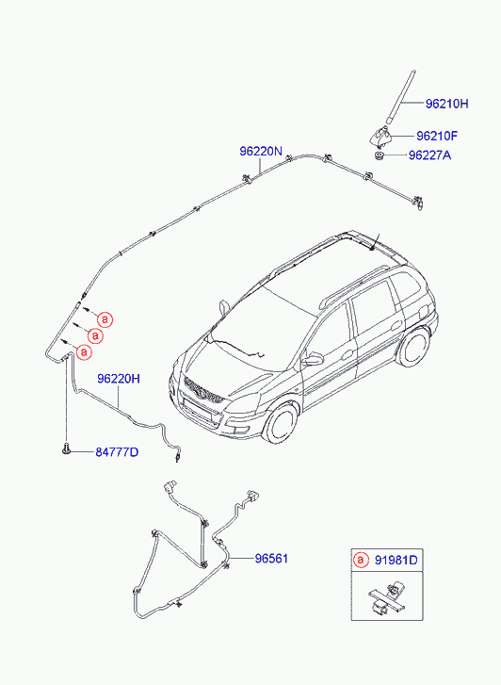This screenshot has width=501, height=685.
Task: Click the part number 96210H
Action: [446, 104]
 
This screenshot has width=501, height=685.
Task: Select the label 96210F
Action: [437, 136]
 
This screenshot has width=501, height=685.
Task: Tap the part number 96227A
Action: [429, 155]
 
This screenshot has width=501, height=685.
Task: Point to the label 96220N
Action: [261, 151]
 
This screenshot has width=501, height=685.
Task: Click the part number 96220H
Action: [119, 379]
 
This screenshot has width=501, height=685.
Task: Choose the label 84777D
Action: [117, 452]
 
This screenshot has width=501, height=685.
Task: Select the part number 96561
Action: [271, 559]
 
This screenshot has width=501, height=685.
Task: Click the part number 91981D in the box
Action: [396, 560]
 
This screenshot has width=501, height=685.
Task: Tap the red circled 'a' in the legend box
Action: [361, 560]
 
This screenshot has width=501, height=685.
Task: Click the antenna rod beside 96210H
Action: [400, 98]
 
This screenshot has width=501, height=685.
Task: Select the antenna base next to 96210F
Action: [380, 136]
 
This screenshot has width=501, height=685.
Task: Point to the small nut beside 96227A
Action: [379, 155]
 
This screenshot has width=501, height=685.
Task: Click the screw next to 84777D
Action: [66, 449]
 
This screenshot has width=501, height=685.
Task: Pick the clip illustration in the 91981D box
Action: [387, 597]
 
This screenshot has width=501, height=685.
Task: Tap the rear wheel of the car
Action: [413, 348]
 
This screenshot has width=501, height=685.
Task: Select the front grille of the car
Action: [204, 391]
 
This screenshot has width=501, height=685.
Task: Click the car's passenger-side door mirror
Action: [314, 360]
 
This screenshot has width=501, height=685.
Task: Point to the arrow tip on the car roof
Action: [370, 251]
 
